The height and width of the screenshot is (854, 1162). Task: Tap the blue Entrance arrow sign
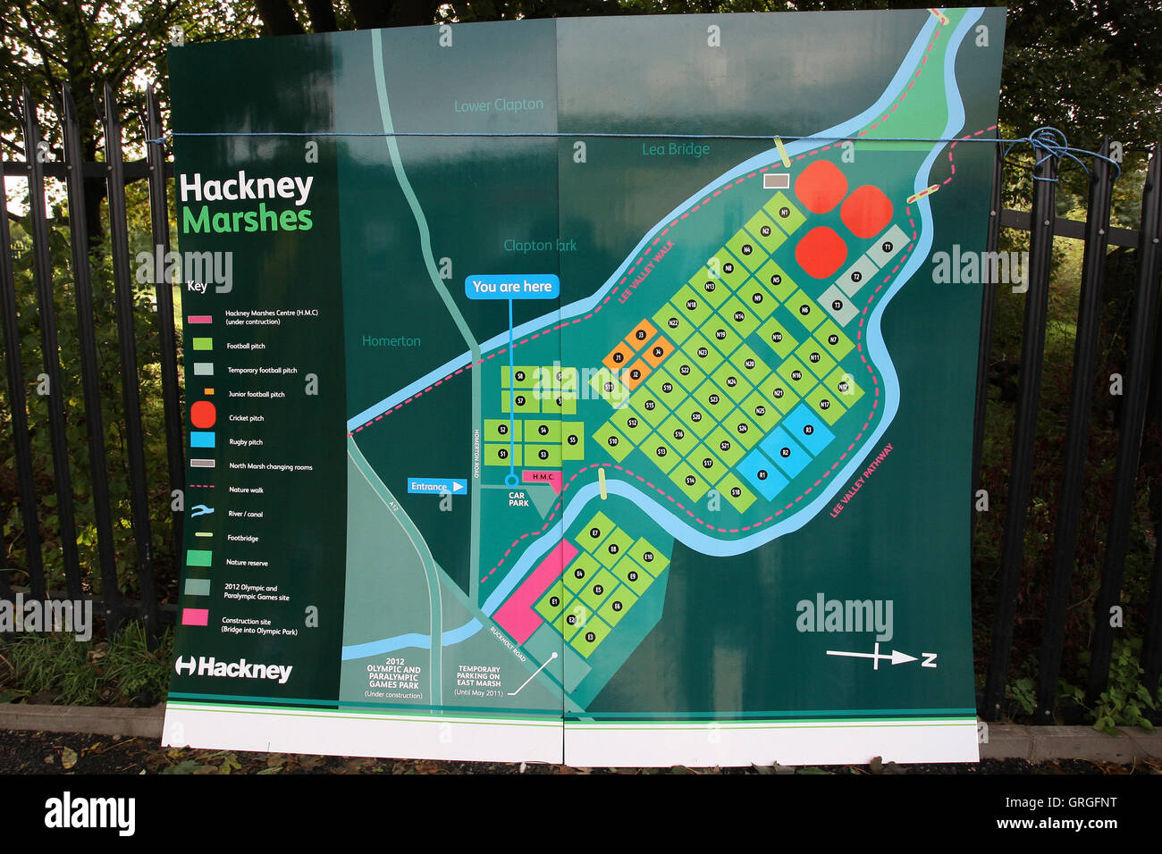click(x=437, y=486)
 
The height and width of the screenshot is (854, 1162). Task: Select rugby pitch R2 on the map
click(x=786, y=452)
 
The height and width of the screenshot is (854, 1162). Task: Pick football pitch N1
click(x=785, y=213)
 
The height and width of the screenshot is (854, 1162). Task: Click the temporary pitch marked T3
click(x=837, y=306)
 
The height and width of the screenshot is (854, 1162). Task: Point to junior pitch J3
click(x=640, y=336)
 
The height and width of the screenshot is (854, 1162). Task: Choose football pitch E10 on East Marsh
click(x=648, y=557)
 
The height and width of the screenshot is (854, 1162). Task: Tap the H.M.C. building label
click(x=543, y=477)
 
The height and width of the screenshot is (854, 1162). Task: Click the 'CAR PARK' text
click(x=518, y=499)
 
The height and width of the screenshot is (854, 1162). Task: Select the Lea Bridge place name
click(x=675, y=149)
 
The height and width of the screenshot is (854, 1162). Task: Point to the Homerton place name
click(x=392, y=340)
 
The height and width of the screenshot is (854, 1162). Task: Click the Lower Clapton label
click(x=498, y=105)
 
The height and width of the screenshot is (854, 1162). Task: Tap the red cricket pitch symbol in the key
click(x=203, y=414)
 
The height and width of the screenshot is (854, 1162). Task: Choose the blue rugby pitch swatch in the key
click(x=202, y=440)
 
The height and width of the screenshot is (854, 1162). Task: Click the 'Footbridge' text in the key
click(x=242, y=538)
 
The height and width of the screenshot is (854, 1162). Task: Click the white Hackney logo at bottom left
click(x=234, y=667)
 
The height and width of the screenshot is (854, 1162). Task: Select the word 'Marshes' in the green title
click(x=248, y=220)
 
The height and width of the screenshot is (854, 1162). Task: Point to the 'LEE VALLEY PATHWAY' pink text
click(x=862, y=480)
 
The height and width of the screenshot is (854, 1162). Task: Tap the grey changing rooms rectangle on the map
click(x=777, y=180)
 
